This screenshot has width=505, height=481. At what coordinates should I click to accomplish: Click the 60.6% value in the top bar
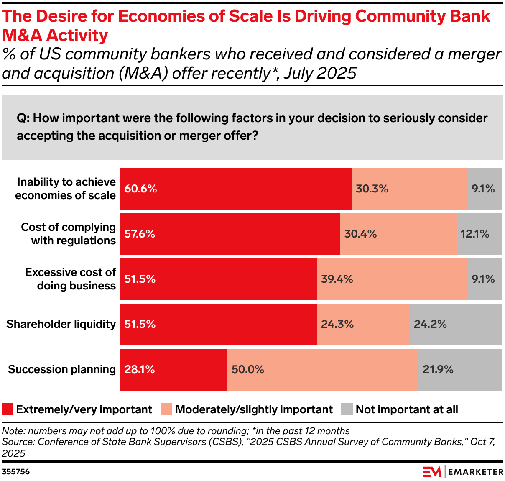coord(140,189)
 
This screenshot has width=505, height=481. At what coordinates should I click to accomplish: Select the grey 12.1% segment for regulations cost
coord(479,234)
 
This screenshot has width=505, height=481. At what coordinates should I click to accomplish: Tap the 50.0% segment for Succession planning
coord(322,370)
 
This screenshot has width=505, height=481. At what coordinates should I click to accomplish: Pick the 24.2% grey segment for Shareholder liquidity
coord(456,325)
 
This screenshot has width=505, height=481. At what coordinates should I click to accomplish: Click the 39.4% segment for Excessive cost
coord(391,279)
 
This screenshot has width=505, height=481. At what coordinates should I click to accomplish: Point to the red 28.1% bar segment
coord(173,370)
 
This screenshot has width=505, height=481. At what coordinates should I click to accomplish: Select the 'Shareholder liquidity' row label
coord(61,325)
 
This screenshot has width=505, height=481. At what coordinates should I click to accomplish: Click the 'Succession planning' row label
coord(62,370)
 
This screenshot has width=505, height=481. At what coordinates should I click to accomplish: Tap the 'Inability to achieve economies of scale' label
coord(66,189)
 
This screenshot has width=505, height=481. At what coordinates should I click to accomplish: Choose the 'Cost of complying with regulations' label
coord(69,234)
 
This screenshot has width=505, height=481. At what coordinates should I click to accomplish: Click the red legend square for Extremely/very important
coord(8,409)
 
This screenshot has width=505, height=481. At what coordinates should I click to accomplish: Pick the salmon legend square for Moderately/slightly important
coord(166,409)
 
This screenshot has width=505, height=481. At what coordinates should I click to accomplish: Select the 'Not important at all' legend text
coord(406,409)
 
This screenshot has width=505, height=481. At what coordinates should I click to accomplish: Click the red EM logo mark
coord(431,472)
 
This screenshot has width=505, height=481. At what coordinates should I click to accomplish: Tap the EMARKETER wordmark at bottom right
coord(476,472)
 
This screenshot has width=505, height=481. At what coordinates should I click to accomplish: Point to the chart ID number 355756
coord(16,472)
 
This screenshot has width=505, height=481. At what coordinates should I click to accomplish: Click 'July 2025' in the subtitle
coord(320,73)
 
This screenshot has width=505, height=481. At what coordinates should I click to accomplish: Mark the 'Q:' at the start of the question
coord(23,118)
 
